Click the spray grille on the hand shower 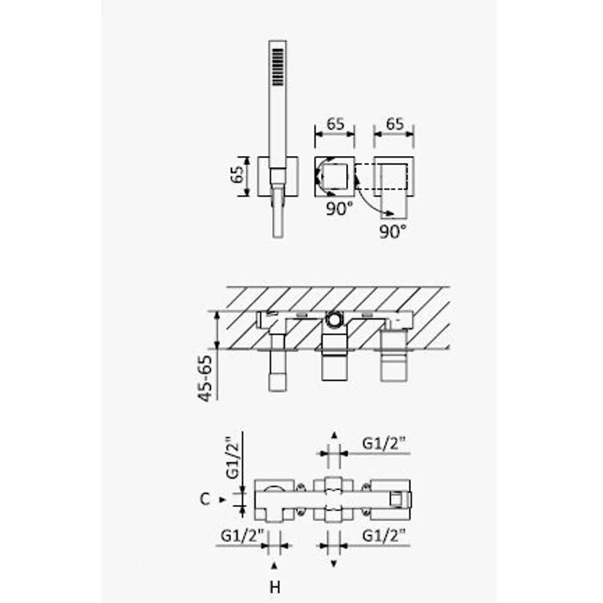[x=277, y=67]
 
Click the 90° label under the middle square [x=339, y=210]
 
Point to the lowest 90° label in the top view [x=393, y=231]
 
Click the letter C [x=204, y=499]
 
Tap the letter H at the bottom [x=275, y=586]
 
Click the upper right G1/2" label [x=384, y=444]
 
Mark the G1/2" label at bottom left [x=242, y=536]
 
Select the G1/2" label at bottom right [x=384, y=536]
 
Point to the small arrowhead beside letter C [x=222, y=499]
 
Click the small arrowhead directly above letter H [x=275, y=565]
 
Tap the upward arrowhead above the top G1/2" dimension [x=333, y=436]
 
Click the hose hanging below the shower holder [x=277, y=215]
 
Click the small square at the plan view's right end [x=394, y=498]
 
